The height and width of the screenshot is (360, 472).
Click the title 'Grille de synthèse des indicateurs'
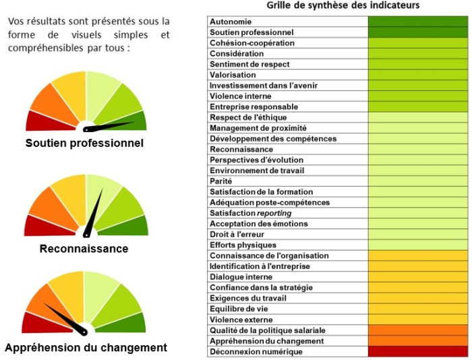click(343, 5)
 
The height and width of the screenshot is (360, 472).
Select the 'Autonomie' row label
click(231, 22)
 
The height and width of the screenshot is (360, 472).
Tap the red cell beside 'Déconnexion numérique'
click(418, 352)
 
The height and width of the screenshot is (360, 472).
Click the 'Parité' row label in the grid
click(221, 181)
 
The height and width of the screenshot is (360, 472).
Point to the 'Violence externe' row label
click(241, 320)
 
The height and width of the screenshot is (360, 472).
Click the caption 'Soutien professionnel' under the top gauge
click(84, 144)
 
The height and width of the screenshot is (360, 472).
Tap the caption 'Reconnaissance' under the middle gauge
click(84, 249)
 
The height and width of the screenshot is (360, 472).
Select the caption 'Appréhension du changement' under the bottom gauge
click(86, 348)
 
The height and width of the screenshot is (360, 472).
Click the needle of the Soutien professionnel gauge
click(111, 125)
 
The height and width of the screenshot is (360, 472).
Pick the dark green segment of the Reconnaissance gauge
click(131, 226)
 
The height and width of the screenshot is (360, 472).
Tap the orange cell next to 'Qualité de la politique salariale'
click(418, 330)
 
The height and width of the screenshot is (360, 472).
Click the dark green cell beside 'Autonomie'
click(418, 22)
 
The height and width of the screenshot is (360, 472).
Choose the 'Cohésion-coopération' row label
click(252, 43)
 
